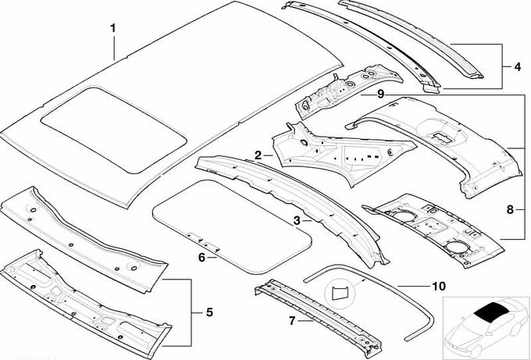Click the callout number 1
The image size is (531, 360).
click(113, 29)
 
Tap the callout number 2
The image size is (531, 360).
click(258, 155)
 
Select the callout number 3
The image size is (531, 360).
click(297, 221)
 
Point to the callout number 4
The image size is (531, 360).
click(517, 66)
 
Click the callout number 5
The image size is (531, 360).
click(208, 313)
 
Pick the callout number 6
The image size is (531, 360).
click(201, 257)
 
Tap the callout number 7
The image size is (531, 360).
click(292, 320)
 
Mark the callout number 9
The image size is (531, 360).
click(380, 94)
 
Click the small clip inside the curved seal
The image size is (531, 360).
click(338, 292)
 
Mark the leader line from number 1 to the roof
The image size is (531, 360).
click(115, 47)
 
